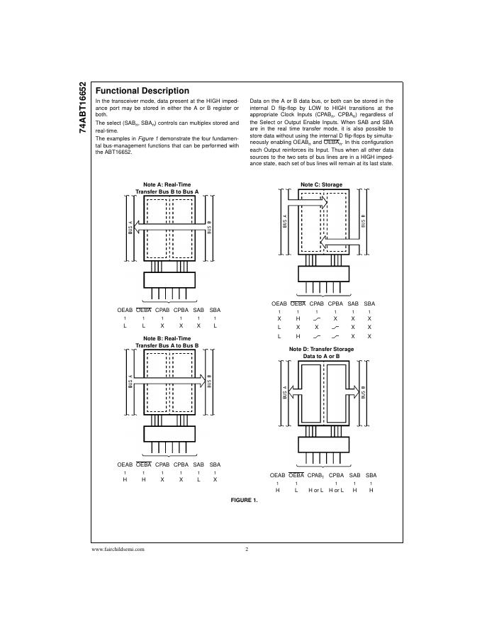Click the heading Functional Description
[x=142, y=91]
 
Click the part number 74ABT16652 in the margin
[x=84, y=106]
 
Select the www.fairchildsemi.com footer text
[x=118, y=549]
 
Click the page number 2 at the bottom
[x=246, y=549]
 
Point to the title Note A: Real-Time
[x=167, y=185]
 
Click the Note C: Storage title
[x=321, y=184]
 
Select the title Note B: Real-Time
[x=167, y=339]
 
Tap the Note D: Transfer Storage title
[x=321, y=350]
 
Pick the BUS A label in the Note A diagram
[x=130, y=227]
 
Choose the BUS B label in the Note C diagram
[x=363, y=221]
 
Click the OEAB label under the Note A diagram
[x=125, y=311]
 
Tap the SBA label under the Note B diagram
[x=215, y=464]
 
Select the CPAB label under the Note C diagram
[x=317, y=303]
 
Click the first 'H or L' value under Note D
[x=315, y=491]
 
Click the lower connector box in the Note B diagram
[x=169, y=433]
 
